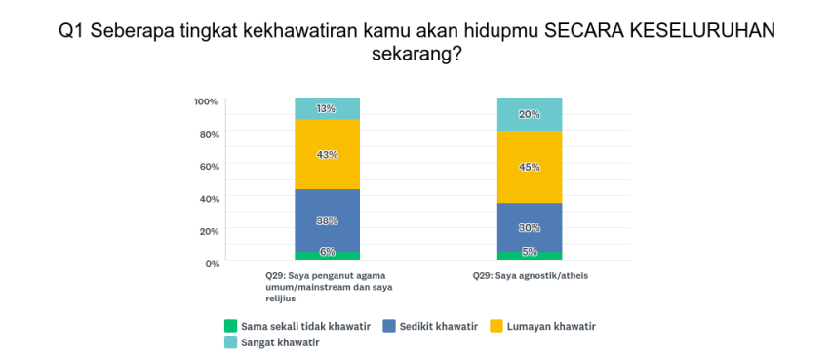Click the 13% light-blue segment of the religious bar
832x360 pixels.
tap(328, 108)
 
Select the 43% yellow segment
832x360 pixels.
tap(328, 154)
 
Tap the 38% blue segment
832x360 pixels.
tap(328, 220)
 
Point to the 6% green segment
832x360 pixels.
tap(328, 256)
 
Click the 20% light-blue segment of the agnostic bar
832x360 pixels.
tap(530, 114)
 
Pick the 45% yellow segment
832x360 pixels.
tap(530, 167)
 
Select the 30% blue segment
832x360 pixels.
tap(530, 227)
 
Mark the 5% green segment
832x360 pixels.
tap(530, 257)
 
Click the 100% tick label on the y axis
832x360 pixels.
tap(207, 101)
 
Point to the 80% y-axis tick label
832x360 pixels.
tap(209, 134)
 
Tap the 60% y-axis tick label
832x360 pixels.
tap(209, 166)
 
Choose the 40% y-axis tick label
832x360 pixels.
tap(209, 199)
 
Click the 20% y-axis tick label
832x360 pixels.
tap(209, 231)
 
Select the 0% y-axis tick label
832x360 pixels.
tap(212, 263)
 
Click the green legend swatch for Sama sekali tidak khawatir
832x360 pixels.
tap(230, 326)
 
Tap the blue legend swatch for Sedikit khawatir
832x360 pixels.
tap(389, 326)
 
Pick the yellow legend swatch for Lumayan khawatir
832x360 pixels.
tap(495, 326)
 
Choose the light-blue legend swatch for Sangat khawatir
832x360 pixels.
tap(230, 342)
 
